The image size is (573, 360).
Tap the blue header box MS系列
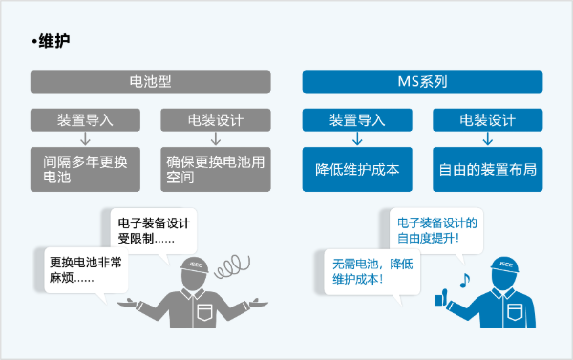point(427,83)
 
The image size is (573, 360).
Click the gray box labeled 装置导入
point(84,120)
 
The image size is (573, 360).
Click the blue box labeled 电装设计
point(487,120)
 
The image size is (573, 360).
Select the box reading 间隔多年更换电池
point(84,168)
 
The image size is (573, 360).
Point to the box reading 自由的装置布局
point(487,169)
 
